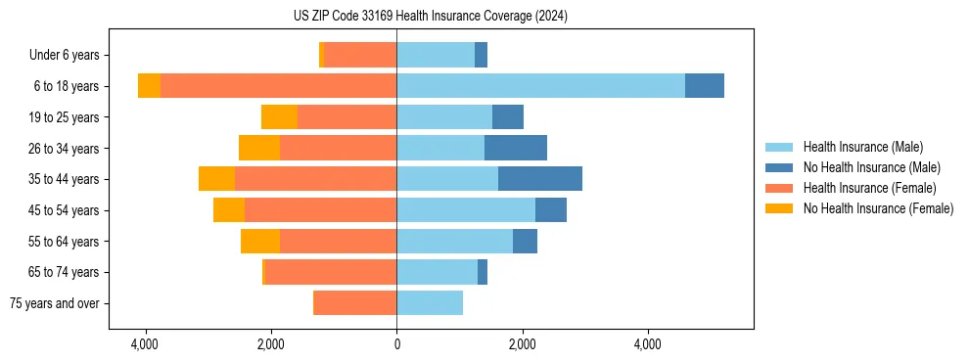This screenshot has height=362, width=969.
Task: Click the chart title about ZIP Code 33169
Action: click(430, 17)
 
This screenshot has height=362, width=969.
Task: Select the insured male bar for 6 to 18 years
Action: click(540, 86)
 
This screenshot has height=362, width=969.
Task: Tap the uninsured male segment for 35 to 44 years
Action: click(540, 179)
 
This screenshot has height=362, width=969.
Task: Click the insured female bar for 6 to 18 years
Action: click(278, 86)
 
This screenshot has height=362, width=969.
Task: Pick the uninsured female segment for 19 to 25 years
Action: click(279, 117)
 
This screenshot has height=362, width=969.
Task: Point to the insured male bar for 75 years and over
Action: click(430, 303)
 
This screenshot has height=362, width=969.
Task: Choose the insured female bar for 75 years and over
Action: click(354, 303)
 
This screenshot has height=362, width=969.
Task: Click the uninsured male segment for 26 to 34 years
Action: click(516, 149)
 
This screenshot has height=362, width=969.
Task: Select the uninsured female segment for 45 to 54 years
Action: click(229, 210)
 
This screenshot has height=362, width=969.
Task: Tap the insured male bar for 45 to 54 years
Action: click(466, 210)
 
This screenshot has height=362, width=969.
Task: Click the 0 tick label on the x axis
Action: click(396, 344)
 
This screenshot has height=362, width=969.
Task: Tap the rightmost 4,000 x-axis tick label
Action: click(648, 344)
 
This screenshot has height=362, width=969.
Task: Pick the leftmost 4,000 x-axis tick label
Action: click(145, 344)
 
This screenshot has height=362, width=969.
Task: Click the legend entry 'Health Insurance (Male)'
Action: click(862, 147)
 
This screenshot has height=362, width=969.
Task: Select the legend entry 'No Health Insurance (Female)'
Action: click(878, 208)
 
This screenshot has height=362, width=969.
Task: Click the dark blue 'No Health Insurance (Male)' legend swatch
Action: click(779, 167)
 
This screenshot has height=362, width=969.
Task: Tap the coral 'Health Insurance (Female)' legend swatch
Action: click(779, 188)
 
